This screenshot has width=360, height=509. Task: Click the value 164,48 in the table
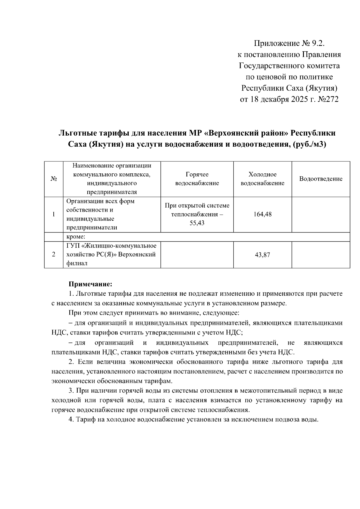pyautogui.click(x=262, y=214)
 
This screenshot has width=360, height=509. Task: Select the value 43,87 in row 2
pyautogui.click(x=262, y=255)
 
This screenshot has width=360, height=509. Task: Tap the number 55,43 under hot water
pyautogui.click(x=197, y=223)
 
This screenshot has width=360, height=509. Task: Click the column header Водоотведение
pyautogui.click(x=321, y=179)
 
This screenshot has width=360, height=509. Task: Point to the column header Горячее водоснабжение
pyautogui.click(x=197, y=179)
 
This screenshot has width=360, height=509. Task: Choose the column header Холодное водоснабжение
pyautogui.click(x=262, y=179)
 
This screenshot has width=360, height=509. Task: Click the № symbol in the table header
pyautogui.click(x=54, y=179)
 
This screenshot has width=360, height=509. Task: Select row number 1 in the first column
pyautogui.click(x=54, y=214)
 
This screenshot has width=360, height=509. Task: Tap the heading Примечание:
pyautogui.click(x=90, y=284)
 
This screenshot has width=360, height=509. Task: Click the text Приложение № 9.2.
pyautogui.click(x=289, y=44)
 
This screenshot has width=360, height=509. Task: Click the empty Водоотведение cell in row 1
pyautogui.click(x=321, y=214)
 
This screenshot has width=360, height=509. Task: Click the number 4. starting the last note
pyautogui.click(x=71, y=420)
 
